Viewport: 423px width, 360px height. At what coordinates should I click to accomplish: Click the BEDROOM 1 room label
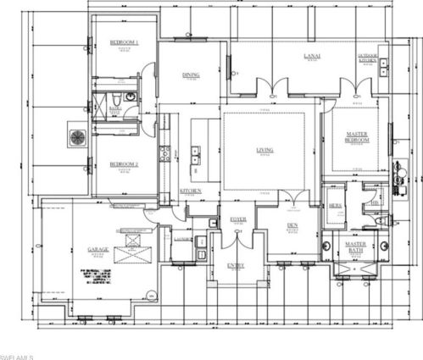(124, 42)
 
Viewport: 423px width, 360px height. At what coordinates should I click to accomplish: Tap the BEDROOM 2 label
(123, 164)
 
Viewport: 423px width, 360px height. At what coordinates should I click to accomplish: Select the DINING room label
(191, 75)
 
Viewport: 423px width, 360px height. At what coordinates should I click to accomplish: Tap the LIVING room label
(265, 151)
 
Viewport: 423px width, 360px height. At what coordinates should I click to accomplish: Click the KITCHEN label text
(191, 191)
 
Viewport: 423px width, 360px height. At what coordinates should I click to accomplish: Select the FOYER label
(239, 219)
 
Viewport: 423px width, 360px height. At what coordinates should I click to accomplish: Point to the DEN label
(292, 224)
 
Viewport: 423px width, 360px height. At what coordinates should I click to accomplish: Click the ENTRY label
(236, 266)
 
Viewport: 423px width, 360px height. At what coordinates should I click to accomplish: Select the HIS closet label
(374, 203)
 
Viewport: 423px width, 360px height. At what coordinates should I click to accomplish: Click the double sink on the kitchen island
(196, 154)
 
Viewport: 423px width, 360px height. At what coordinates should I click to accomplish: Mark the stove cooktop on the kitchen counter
(165, 153)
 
